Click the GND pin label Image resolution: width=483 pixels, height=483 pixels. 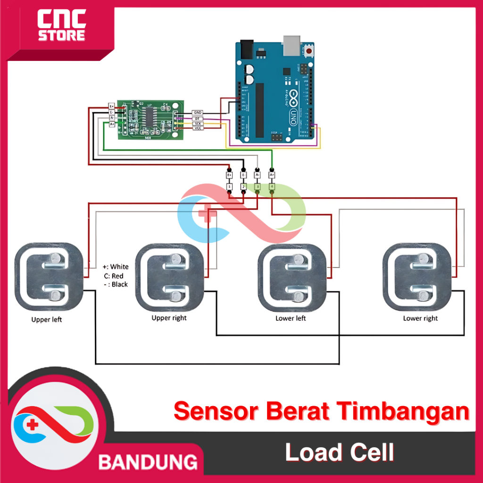pyautogui.click(x=197, y=113)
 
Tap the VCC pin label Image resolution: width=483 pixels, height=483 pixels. pyautogui.click(x=197, y=128)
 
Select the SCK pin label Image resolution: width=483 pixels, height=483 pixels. pyautogui.click(x=197, y=123)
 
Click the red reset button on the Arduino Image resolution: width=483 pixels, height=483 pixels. pyautogui.click(x=309, y=50)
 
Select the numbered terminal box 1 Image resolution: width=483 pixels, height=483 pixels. pyautogui.click(x=229, y=187)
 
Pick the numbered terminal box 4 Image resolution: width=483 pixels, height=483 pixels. pyautogui.click(x=272, y=187)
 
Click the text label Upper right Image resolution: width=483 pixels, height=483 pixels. pyautogui.click(x=169, y=318)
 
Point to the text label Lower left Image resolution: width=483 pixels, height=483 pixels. pyautogui.click(x=291, y=318)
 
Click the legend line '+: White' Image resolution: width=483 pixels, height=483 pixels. pyautogui.click(x=116, y=267)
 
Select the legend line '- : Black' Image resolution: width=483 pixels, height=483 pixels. pyautogui.click(x=116, y=284)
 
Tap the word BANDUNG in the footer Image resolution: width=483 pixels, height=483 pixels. pyautogui.click(x=148, y=462)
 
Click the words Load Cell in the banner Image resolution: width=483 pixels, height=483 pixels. pyautogui.click(x=340, y=453)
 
